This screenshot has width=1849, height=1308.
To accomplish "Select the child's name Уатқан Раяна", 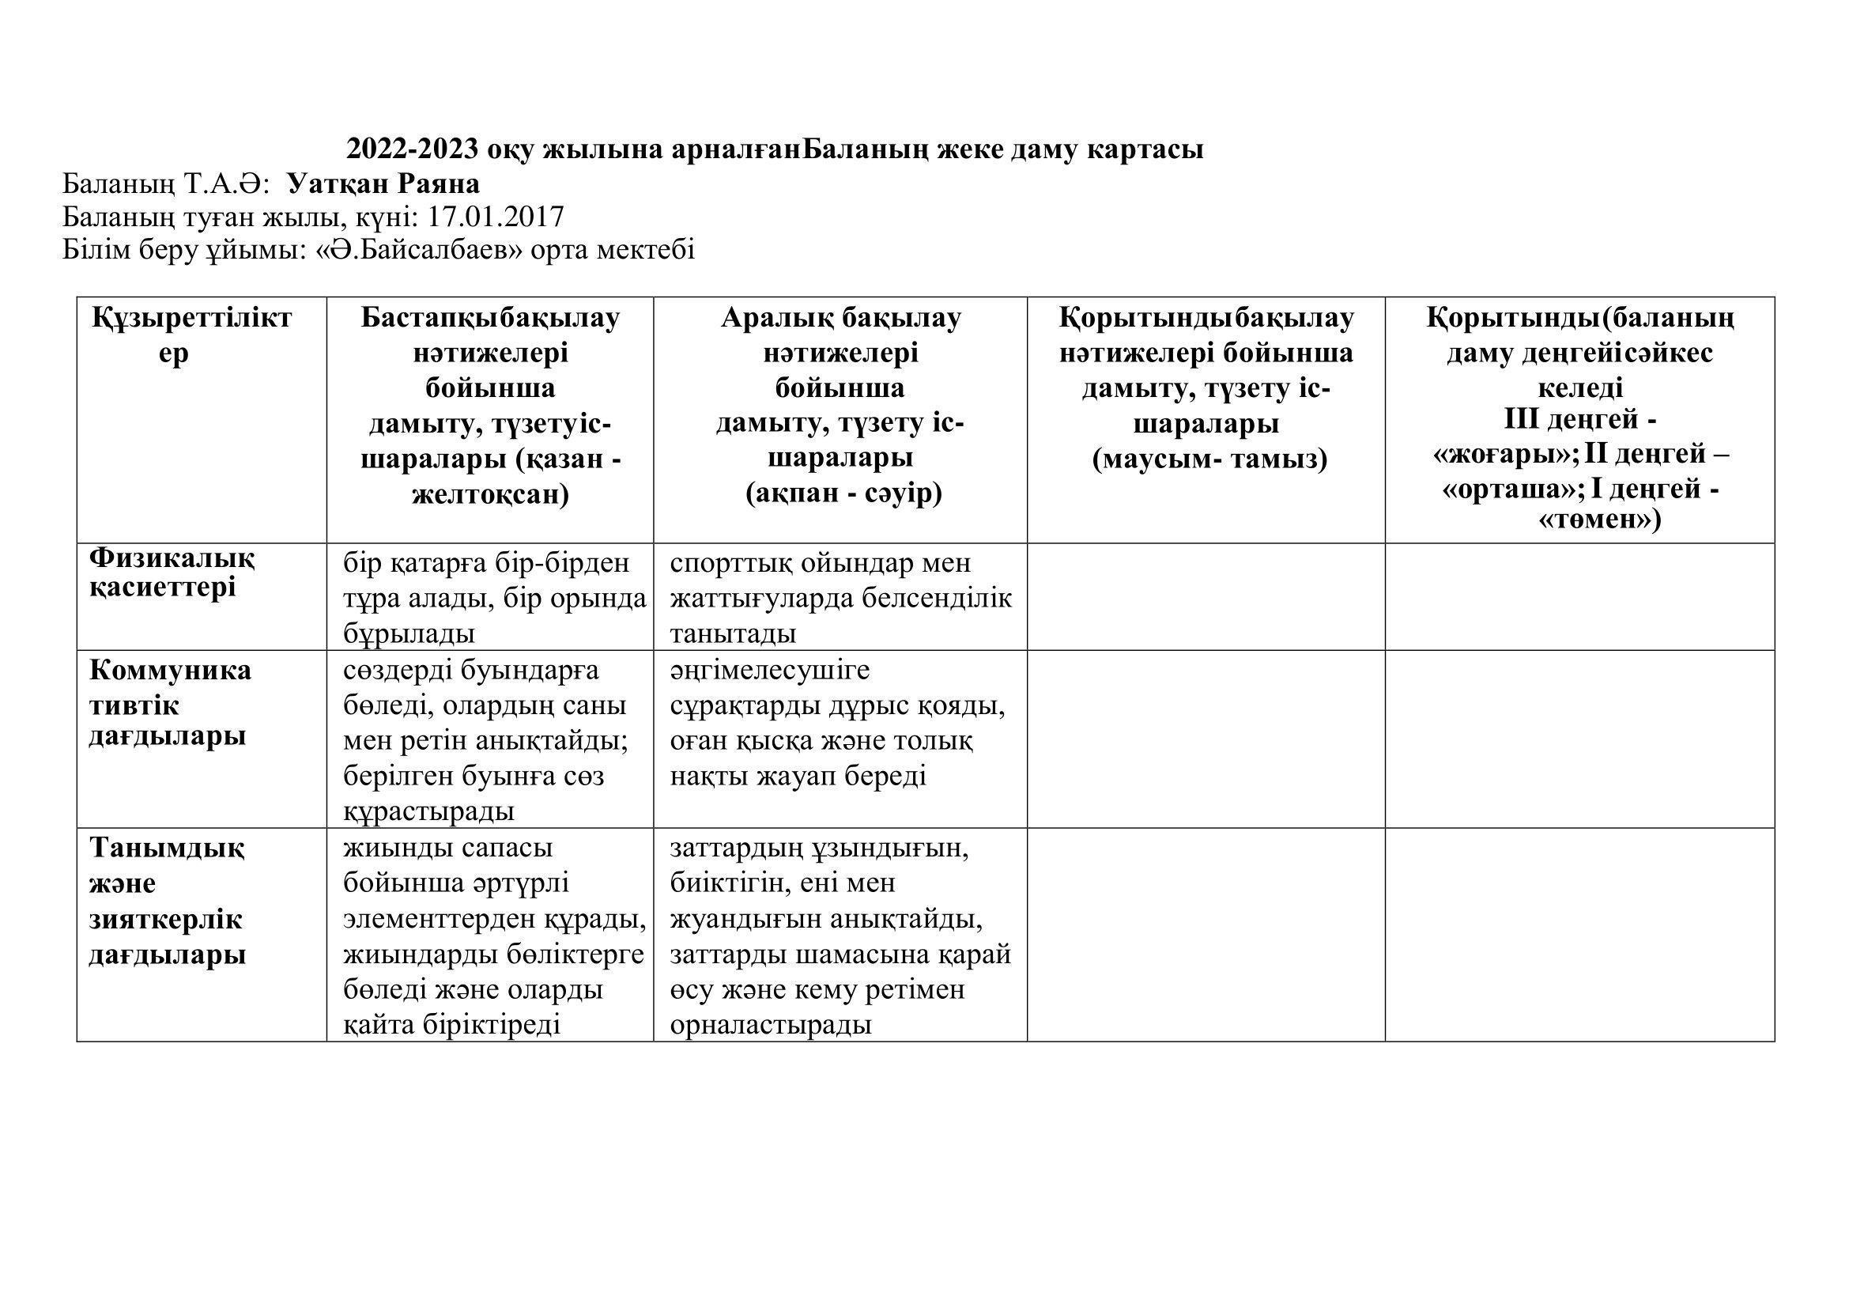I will tap(383, 184).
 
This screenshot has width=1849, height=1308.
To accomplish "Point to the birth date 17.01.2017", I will tap(496, 217).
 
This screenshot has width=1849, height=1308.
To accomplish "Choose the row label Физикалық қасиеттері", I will tap(172, 572).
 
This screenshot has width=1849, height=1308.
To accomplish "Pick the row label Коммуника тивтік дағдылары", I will tap(169, 703).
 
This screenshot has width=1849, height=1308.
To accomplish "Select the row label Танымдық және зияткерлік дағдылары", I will tap(167, 902).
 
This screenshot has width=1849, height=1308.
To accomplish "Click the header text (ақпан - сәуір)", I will tap(843, 493).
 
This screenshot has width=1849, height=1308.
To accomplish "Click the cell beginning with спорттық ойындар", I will tap(840, 598).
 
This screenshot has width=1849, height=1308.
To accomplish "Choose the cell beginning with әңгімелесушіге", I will tap(837, 723).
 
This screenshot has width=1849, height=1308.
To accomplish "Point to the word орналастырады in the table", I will tap(771, 1024).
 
